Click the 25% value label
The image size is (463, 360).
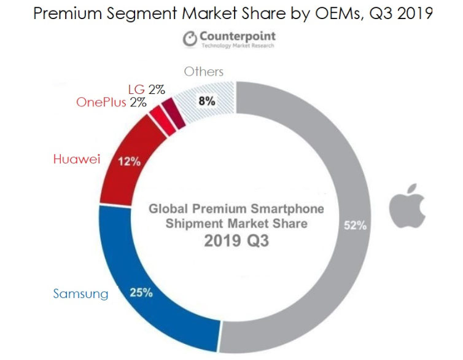pyautogui.click(x=141, y=293)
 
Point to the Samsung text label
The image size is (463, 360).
pyautogui.click(x=80, y=294)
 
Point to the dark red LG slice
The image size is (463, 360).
pyautogui.click(x=179, y=116)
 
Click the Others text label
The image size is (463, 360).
pyautogui.click(x=203, y=72)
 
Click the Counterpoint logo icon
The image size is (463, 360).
pyautogui.click(x=189, y=38)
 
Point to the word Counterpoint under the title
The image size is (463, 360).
pyautogui.click(x=237, y=36)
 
